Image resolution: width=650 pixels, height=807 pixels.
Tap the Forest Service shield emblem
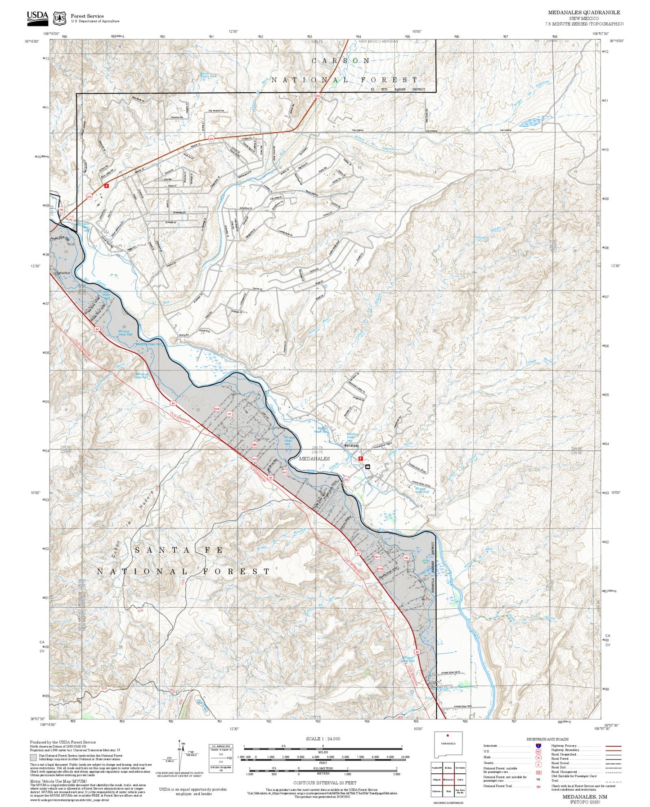[59, 18]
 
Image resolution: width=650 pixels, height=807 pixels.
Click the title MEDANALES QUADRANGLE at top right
[584, 12]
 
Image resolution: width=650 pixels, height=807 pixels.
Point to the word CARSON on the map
[341, 60]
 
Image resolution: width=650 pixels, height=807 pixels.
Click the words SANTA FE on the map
[179, 550]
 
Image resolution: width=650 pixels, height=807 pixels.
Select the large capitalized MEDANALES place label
[314, 458]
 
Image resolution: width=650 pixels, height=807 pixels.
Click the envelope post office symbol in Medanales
[368, 467]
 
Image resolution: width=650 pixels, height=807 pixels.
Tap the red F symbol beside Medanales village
[360, 458]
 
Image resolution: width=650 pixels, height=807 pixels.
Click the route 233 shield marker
[346, 480]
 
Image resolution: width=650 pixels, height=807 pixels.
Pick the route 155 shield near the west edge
[61, 210]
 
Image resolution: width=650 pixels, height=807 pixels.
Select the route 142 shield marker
[70, 219]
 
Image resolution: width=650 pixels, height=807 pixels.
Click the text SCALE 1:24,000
[323, 739]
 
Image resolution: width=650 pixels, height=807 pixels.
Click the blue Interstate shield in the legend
[538, 745]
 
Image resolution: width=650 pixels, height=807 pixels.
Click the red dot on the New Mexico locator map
[448, 736]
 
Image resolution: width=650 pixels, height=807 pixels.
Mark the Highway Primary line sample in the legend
[613, 746]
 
